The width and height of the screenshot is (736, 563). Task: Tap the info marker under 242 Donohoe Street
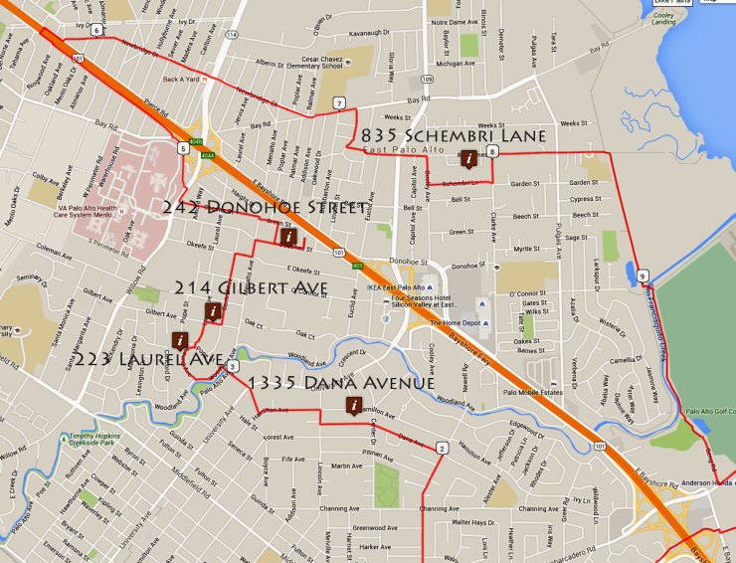(x=288, y=237)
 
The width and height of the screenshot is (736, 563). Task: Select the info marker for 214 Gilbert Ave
(x=212, y=312)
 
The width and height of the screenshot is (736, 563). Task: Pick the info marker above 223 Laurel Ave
(x=180, y=339)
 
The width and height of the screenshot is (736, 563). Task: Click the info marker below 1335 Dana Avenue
(x=353, y=405)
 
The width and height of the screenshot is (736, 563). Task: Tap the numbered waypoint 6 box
(x=96, y=30)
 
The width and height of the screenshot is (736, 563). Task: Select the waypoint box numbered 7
(x=340, y=103)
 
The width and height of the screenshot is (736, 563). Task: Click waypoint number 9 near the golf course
(x=644, y=276)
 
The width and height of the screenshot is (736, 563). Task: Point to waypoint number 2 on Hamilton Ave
(x=440, y=449)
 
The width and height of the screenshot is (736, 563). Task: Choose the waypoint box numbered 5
(x=183, y=148)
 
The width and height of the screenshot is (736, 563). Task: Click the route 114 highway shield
(x=232, y=35)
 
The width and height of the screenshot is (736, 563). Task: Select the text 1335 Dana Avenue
(x=341, y=383)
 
